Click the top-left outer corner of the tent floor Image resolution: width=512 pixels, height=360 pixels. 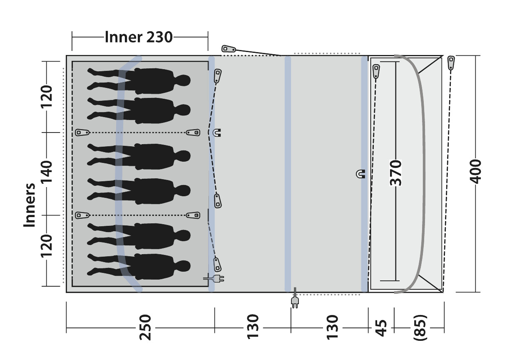(x=66, y=55)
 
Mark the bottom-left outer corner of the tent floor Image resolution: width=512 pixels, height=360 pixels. (x=66, y=292)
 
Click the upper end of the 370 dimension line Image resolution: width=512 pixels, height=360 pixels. (x=396, y=62)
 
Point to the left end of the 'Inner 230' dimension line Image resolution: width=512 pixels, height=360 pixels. (x=72, y=37)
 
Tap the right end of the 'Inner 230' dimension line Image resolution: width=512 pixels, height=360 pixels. (x=208, y=37)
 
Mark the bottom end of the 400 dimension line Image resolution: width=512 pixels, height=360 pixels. (x=476, y=292)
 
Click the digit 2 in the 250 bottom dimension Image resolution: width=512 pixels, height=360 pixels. (x=145, y=336)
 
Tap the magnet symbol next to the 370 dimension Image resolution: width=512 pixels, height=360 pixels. (x=360, y=174)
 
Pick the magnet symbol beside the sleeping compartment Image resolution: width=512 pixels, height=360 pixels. (x=216, y=133)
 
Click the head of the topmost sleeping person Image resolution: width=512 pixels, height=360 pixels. (x=183, y=80)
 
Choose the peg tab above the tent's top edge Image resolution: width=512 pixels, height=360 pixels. (x=229, y=49)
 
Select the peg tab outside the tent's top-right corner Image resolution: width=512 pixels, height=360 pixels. (x=451, y=62)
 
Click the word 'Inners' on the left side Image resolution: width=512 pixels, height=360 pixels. (x=30, y=205)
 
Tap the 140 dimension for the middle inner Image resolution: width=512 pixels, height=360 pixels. (x=46, y=172)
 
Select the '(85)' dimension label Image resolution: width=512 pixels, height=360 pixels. (x=420, y=328)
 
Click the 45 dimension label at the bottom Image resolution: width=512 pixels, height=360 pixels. (x=381, y=328)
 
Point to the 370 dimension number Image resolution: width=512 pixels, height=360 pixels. (x=396, y=173)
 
